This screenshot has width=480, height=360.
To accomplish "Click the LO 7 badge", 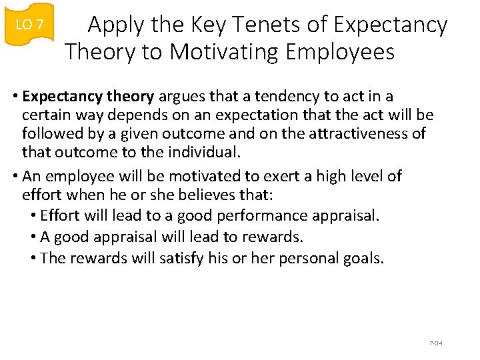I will coord(29,25).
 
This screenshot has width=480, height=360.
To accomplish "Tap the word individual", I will coord(203,153).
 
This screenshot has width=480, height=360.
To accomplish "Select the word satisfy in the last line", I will coord(181,258).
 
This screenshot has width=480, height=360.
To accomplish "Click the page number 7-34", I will coord(436,343).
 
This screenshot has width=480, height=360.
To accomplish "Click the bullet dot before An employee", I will coord(15,177).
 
